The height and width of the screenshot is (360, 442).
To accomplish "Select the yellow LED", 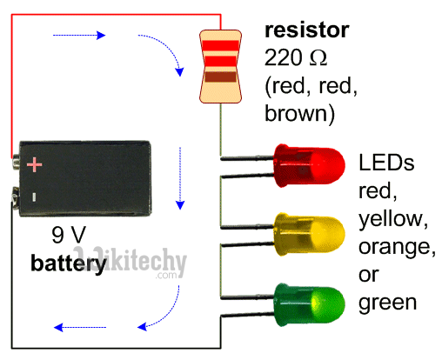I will point(305,233).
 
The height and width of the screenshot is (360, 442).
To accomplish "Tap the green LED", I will point(305,303).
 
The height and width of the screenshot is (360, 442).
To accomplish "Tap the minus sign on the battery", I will point(34,197).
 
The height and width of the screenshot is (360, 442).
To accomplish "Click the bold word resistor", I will point(307,31).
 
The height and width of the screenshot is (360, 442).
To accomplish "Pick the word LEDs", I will point(387,163).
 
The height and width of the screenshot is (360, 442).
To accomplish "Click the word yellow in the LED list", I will point(391,218).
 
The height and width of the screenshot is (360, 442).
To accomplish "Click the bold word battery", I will point(70,262).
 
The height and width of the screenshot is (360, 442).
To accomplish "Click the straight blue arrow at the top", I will point(80,36).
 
